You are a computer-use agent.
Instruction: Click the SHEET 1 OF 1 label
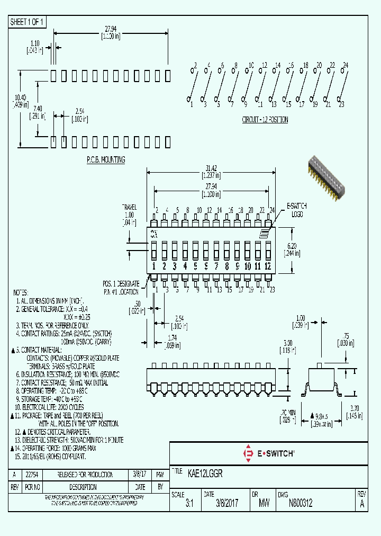[28, 22]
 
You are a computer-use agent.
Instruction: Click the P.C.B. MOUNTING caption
[105, 159]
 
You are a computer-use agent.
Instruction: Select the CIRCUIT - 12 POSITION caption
[265, 120]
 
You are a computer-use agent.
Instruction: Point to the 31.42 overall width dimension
[211, 168]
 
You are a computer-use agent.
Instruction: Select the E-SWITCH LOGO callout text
[296, 209]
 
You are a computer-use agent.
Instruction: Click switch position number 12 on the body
[268, 266]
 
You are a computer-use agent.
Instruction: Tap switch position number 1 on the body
[154, 266]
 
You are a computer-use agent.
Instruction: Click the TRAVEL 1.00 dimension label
[129, 215]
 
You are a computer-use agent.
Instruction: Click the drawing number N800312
[300, 504]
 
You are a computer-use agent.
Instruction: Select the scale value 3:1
[189, 504]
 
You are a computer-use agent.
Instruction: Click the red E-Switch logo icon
[248, 453]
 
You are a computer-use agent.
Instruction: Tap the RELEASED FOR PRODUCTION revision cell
[77, 474]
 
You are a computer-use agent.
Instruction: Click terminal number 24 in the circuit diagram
[345, 65]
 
